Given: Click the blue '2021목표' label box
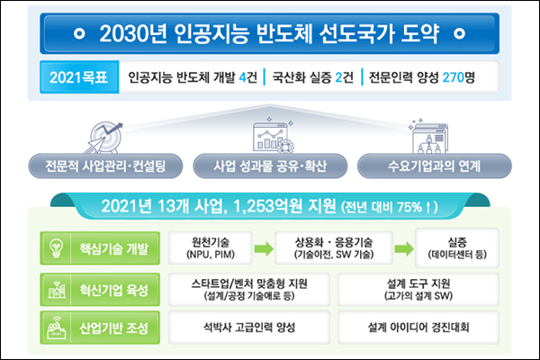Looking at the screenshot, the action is (79, 77).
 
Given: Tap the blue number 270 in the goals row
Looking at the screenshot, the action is (454, 77).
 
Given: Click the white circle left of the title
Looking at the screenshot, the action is (79, 33).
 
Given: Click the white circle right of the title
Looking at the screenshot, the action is (459, 33).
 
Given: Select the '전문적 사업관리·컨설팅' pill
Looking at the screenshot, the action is (105, 166).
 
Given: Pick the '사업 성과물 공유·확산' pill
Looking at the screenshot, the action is (270, 166).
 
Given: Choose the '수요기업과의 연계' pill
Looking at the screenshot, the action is (435, 166).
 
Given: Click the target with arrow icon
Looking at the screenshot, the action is (104, 138).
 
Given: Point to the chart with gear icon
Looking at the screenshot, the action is (274, 135).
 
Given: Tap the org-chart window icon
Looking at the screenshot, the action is (429, 137).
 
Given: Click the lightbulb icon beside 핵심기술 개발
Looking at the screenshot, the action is (56, 248).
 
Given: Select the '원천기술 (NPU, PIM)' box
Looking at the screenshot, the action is (211, 248).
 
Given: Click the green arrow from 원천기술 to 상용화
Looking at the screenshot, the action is (264, 248).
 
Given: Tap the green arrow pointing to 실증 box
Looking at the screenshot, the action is (404, 248).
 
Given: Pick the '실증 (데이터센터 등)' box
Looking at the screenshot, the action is (457, 248).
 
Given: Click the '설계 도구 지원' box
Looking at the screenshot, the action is (418, 290).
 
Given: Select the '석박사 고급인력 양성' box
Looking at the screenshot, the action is (249, 328).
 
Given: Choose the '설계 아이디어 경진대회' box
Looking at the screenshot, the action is (418, 328).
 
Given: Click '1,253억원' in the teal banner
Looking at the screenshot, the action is (268, 206).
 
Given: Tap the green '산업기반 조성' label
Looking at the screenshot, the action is (100, 328).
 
